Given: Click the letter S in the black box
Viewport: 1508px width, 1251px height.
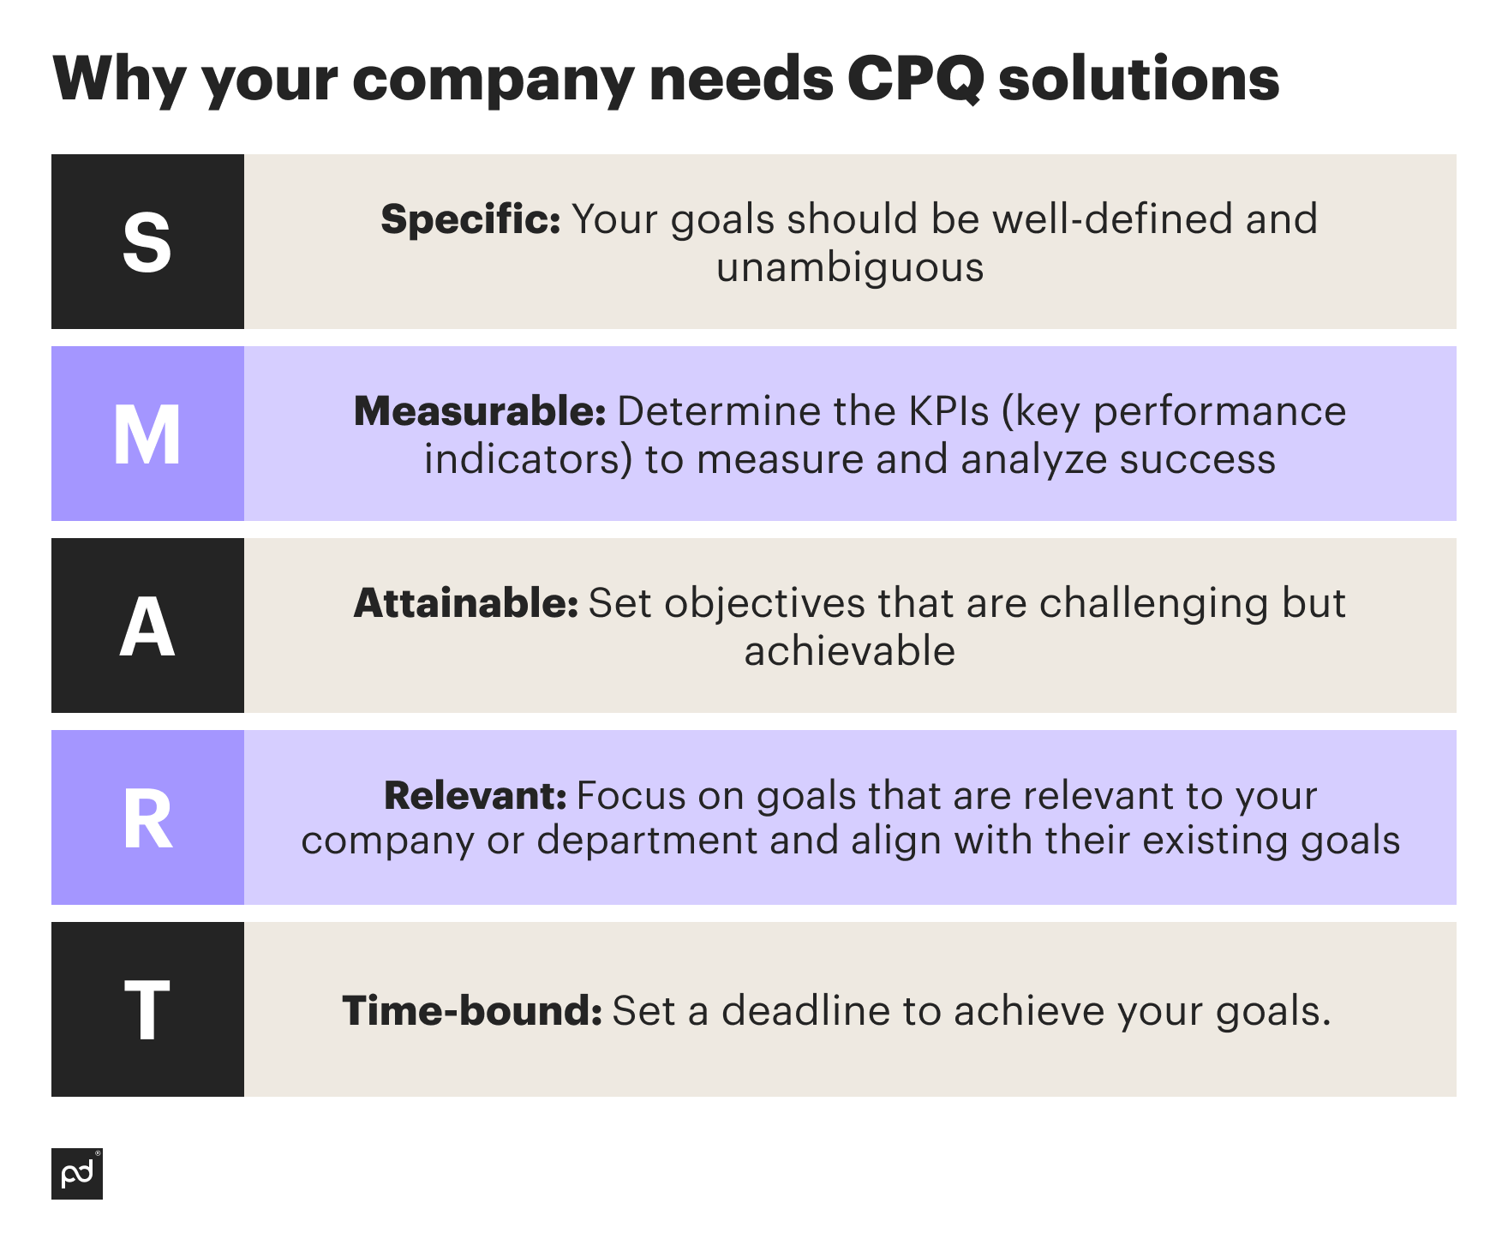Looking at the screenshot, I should pyautogui.click(x=147, y=242).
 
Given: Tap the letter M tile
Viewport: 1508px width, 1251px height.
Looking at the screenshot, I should pyautogui.click(x=147, y=434).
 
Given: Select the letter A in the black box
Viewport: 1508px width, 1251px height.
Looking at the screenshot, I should pyautogui.click(x=147, y=626).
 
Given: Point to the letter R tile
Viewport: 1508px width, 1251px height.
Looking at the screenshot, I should pyautogui.click(x=147, y=818).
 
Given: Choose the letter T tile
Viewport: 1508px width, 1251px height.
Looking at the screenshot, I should pyautogui.click(x=147, y=1010).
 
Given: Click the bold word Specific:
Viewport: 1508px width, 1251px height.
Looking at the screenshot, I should pyautogui.click(x=470, y=219).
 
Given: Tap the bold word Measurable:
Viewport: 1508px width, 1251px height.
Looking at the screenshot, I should pyautogui.click(x=480, y=411).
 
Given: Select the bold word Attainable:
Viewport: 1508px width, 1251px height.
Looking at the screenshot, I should pyautogui.click(x=466, y=603).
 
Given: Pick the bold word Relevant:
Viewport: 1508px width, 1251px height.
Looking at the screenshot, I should pyautogui.click(x=475, y=796).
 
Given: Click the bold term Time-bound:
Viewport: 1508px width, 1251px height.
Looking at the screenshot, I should pyautogui.click(x=472, y=1011).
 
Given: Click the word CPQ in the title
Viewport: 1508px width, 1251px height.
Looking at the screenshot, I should pyautogui.click(x=915, y=79).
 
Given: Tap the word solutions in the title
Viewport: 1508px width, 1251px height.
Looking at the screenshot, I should pyautogui.click(x=1139, y=79).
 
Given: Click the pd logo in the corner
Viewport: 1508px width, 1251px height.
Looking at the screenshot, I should pyautogui.click(x=77, y=1174).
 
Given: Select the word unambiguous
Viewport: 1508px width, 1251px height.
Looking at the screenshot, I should pyautogui.click(x=850, y=267).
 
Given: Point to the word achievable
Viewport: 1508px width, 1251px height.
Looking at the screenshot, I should pyautogui.click(x=850, y=651).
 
